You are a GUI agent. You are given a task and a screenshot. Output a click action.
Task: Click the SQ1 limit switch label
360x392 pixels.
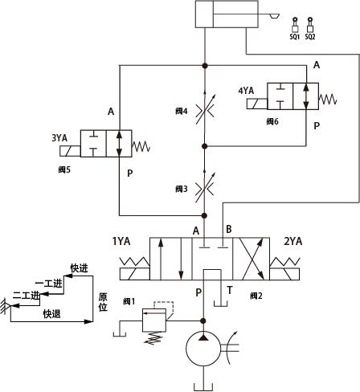tap(294, 37)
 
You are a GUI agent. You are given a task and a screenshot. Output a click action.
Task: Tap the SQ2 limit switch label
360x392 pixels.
tap(310, 37)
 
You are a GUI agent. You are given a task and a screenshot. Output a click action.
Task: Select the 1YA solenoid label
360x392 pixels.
tap(121, 241)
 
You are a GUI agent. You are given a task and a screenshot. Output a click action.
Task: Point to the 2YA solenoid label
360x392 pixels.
tap(293, 241)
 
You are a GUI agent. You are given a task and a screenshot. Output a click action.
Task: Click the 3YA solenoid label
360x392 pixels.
tap(59, 138)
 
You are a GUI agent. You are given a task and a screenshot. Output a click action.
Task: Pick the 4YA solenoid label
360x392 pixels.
tap(246, 91)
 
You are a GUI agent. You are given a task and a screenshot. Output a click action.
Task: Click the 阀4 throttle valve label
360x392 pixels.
tap(182, 111)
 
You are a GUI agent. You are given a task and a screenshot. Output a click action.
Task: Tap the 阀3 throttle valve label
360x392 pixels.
tap(182, 189)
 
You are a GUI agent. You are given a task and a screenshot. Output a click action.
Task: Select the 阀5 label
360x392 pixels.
tap(64, 169)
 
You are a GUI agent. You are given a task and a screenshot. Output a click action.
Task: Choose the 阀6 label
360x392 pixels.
tap(272, 121)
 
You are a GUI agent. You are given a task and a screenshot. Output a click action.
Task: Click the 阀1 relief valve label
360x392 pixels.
tap(129, 301)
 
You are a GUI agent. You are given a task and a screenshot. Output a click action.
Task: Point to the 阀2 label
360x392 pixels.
tap(256, 296)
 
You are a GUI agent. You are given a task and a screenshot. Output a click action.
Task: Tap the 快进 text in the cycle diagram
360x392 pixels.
tap(80, 268)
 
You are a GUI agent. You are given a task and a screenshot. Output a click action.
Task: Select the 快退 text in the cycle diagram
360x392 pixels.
tap(52, 314)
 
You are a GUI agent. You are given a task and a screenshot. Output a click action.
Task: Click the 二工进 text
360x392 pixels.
tap(27, 296)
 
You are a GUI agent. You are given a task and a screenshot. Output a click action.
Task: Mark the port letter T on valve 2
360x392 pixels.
tap(230, 290)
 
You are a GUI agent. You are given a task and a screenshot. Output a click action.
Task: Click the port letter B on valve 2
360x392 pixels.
tap(229, 229)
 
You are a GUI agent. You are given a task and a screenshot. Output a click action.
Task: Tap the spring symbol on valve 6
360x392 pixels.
tap(328, 99)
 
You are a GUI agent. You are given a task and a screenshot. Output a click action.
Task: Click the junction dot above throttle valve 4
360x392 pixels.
tap(205, 65)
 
